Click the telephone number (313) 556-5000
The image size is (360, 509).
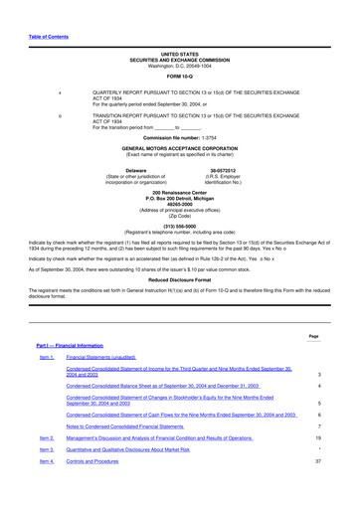[180, 225]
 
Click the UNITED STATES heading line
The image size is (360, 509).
[180, 54]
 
